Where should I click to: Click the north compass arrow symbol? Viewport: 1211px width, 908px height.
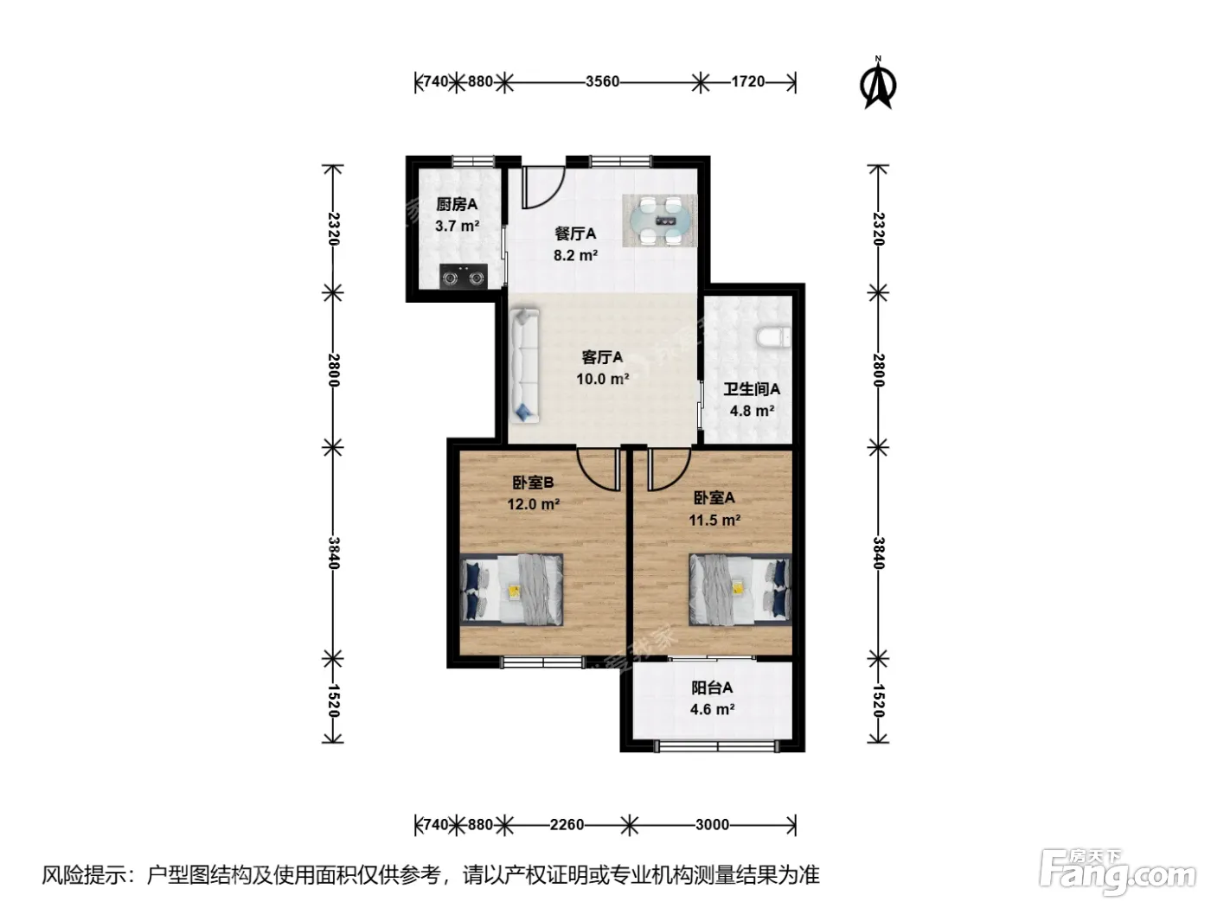pos(878,85)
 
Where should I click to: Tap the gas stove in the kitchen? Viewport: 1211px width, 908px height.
pos(464,276)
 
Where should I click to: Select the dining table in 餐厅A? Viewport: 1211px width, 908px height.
pos(660,221)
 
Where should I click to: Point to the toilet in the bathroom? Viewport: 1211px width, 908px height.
pos(773,338)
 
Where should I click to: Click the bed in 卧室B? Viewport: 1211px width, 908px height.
pos(511,590)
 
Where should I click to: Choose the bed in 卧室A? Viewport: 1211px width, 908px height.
pos(740,590)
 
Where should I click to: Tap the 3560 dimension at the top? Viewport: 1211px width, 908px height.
pos(602,81)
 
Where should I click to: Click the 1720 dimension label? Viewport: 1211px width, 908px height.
pos(748,81)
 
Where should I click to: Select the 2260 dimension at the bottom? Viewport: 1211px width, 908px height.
pos(567,825)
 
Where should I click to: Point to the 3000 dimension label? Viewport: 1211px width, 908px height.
pos(712,825)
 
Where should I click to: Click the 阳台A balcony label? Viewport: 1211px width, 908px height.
pos(712,688)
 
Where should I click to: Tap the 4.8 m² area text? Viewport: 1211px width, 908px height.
pos(752,411)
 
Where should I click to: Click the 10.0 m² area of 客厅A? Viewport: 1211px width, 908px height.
pos(602,379)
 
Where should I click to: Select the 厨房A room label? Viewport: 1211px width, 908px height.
pos(457,205)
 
